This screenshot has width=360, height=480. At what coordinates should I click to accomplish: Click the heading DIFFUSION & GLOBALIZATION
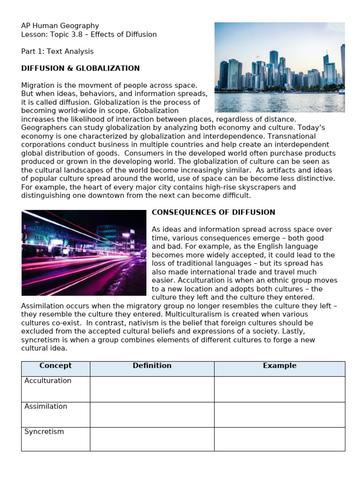coord(81,68)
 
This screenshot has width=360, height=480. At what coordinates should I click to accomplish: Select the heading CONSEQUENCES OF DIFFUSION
coord(213,212)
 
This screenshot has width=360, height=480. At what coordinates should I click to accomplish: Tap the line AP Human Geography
coord(60,26)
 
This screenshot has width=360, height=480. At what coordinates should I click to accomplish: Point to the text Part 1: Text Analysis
coord(57,52)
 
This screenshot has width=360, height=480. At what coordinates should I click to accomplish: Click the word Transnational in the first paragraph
coord(307,136)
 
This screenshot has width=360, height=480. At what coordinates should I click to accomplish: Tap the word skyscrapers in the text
coord(270,187)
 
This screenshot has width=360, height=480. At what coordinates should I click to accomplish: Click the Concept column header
coord(55,366)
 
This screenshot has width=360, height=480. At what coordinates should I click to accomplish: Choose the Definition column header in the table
coord(152,366)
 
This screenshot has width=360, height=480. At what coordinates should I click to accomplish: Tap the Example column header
coord(279,366)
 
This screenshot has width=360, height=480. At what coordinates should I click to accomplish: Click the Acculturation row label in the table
coord(48,381)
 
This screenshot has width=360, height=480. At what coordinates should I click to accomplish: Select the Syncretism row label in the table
coord(44,432)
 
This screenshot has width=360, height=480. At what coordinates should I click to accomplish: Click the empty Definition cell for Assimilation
coord(152,415)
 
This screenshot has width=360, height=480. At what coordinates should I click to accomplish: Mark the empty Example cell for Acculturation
coord(279,389)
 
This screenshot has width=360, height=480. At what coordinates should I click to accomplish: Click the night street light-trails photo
coord(84,253)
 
